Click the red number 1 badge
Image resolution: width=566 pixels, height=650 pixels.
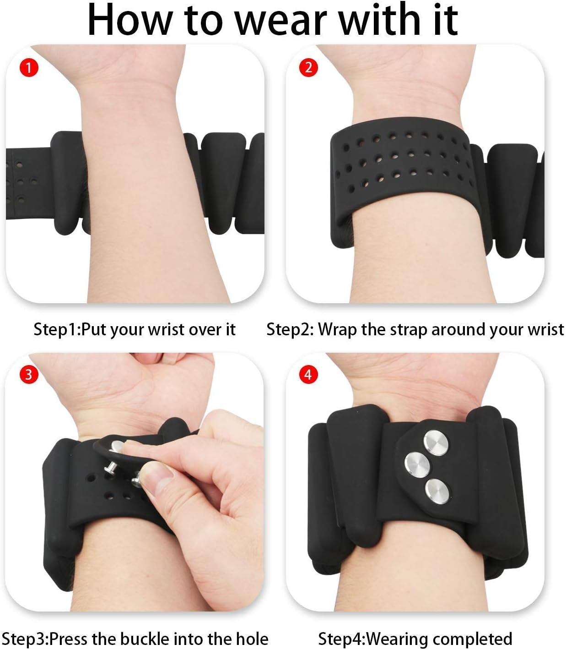pyautogui.click(x=28, y=68)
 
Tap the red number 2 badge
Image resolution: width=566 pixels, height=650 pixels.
pyautogui.click(x=308, y=67)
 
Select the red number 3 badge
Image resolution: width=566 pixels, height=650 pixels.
pyautogui.click(x=28, y=374)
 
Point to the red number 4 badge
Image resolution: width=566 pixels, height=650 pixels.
pyautogui.click(x=308, y=375)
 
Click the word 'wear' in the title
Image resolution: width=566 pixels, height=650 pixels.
pyautogui.click(x=281, y=20)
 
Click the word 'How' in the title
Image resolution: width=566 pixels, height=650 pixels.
pyautogui.click(x=129, y=20)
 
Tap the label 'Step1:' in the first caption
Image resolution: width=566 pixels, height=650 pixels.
pyautogui.click(x=57, y=329)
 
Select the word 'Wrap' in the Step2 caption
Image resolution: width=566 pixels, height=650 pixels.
pyautogui.click(x=338, y=330)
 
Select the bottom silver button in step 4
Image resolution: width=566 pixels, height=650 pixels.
pyautogui.click(x=437, y=492)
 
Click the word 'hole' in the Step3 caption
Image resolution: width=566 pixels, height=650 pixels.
pyautogui.click(x=252, y=638)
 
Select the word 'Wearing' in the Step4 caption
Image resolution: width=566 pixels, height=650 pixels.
pyautogui.click(x=398, y=638)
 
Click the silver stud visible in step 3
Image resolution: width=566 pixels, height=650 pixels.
pyautogui.click(x=111, y=466)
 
